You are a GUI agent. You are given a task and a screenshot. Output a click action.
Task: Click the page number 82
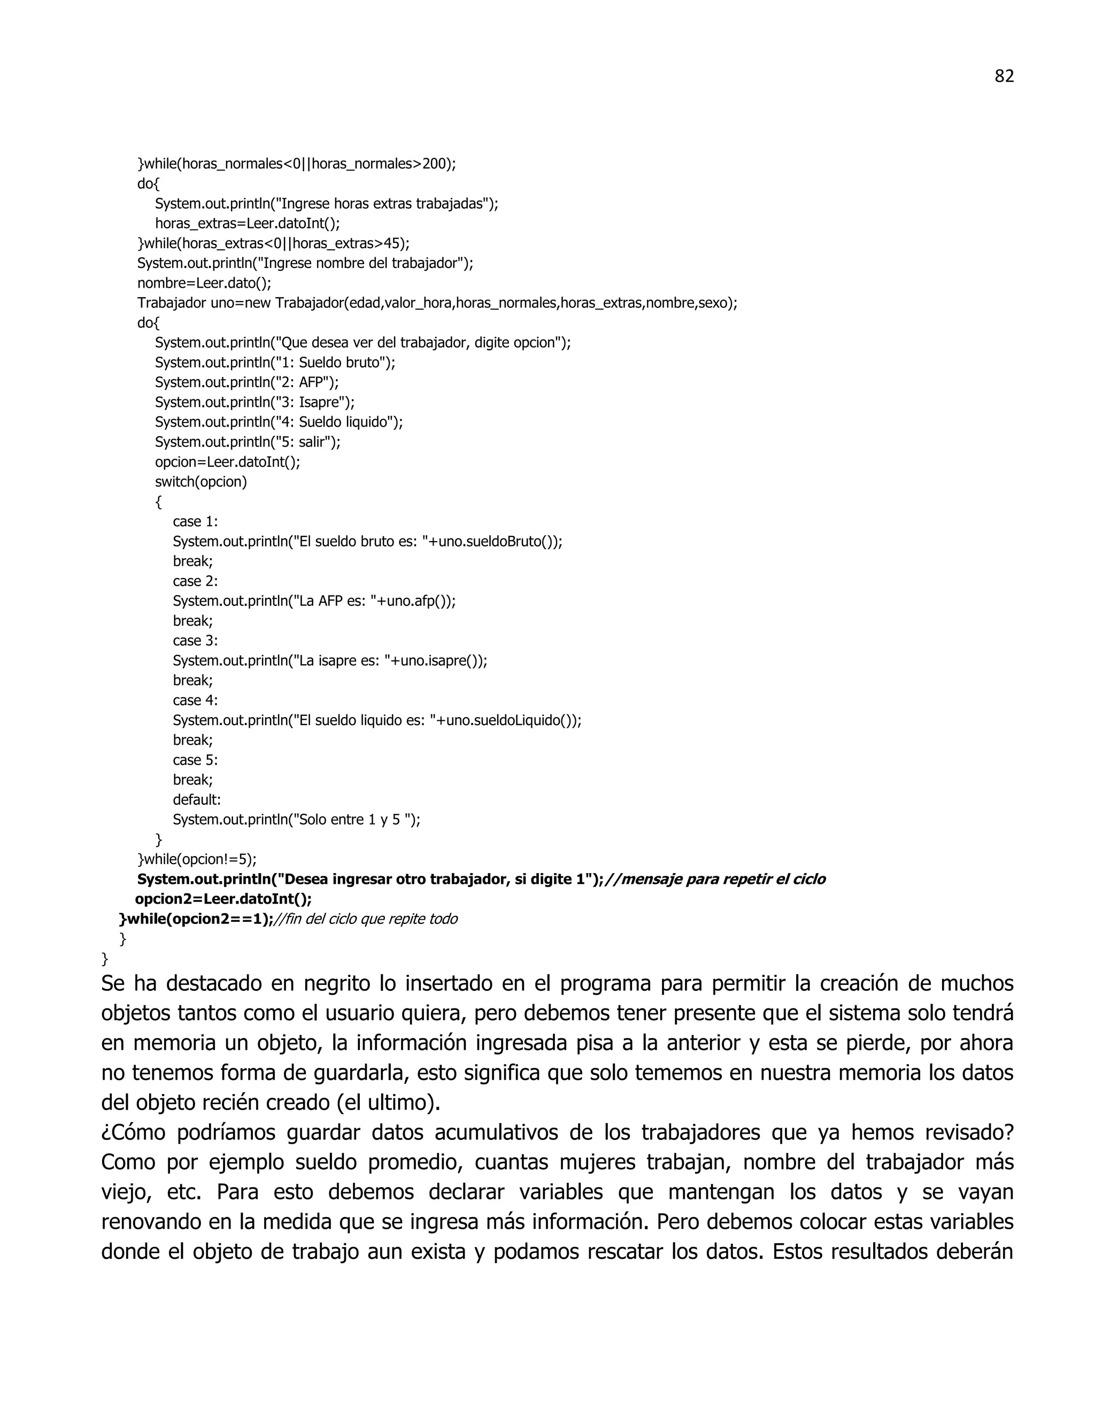(1004, 76)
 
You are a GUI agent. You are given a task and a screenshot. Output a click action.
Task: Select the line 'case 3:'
(195, 641)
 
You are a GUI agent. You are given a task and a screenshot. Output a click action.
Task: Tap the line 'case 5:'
(195, 760)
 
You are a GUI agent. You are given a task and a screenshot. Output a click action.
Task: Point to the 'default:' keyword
(197, 799)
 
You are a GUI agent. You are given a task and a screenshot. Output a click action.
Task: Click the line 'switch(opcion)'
(201, 481)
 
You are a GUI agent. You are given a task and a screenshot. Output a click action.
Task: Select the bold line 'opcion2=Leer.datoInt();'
(223, 899)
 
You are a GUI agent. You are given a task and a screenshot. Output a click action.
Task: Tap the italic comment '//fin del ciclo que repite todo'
(366, 919)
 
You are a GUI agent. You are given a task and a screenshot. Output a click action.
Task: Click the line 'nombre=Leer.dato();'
(204, 283)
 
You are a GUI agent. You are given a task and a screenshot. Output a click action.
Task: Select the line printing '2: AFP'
(246, 382)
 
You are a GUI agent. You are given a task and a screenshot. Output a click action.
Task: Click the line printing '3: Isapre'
(255, 402)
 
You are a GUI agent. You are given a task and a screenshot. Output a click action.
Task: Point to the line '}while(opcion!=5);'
(197, 859)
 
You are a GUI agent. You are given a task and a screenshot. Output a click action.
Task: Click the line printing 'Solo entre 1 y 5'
(296, 819)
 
